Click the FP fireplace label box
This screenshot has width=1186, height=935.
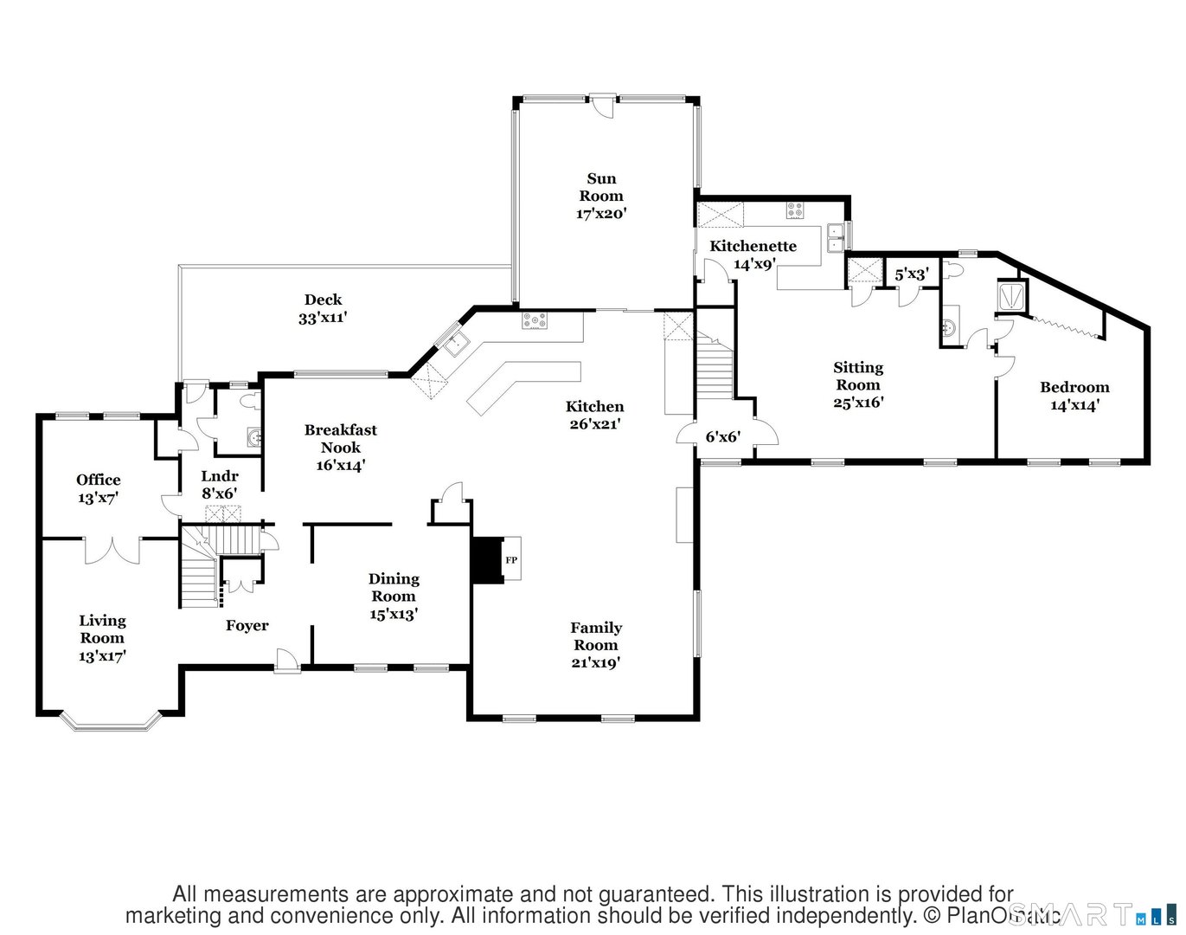click(x=511, y=560)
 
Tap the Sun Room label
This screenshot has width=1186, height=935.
click(x=601, y=187)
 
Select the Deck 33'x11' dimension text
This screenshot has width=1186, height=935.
click(x=323, y=318)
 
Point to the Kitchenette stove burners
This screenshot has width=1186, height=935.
click(x=794, y=210)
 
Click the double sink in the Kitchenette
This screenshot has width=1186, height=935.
click(x=836, y=237)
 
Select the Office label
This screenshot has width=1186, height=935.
click(x=99, y=480)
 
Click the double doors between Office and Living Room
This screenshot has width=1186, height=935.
click(x=112, y=550)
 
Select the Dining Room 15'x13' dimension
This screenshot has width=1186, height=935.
click(x=394, y=614)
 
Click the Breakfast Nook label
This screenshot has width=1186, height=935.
click(x=341, y=438)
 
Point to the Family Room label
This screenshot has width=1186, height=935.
click(x=596, y=636)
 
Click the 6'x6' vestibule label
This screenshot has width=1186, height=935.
click(x=723, y=437)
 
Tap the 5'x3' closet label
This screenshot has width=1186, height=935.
click(x=912, y=274)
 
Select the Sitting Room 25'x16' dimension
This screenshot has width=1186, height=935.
click(x=858, y=403)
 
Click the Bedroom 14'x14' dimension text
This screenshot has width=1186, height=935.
click(x=1074, y=405)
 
